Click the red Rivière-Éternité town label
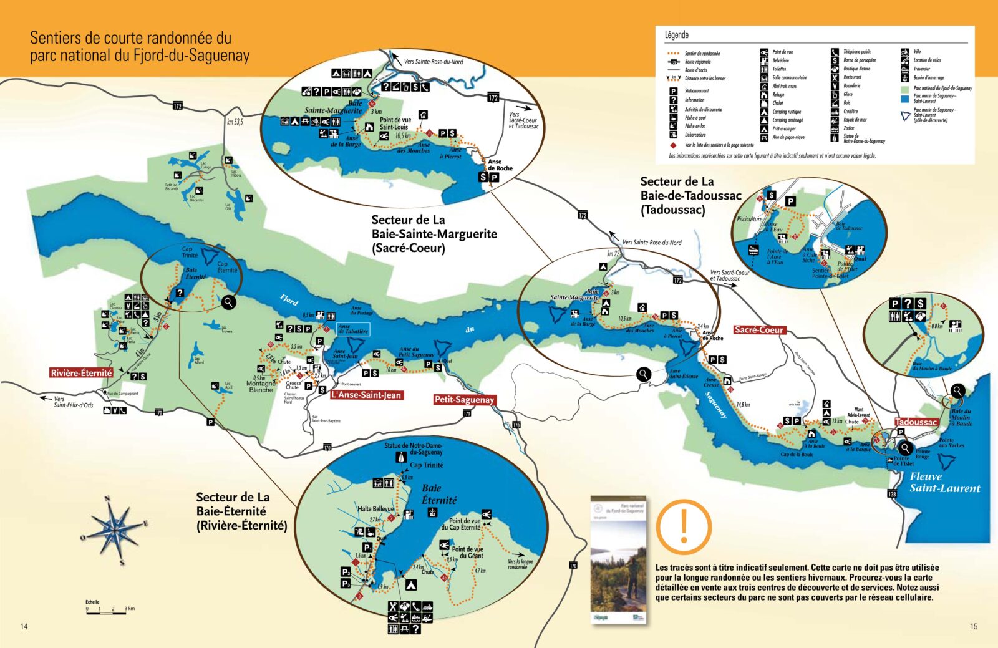[x=81, y=373]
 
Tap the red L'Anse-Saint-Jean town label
[x=366, y=395]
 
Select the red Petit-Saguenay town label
[x=464, y=400]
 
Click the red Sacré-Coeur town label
[x=758, y=330]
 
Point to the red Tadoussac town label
[x=916, y=422]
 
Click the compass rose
[x=115, y=531]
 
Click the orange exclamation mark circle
[x=684, y=527]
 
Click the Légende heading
[x=677, y=35]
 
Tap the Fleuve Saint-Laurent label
[x=944, y=483]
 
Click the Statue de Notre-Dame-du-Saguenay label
[x=413, y=448]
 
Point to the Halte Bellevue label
[x=375, y=509]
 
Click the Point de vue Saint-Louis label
[x=395, y=123]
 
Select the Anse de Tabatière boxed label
[x=353, y=329]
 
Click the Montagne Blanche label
[x=261, y=387]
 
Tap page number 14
[x=24, y=626]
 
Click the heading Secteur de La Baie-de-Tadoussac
[x=690, y=195]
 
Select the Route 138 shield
[x=891, y=493]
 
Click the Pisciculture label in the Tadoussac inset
[x=749, y=219]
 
